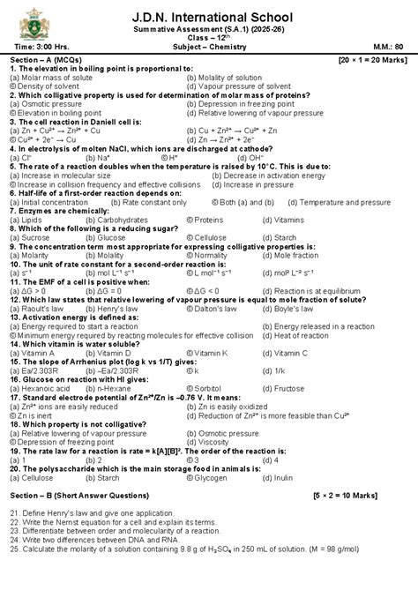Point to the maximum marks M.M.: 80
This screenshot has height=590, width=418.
pos(386,47)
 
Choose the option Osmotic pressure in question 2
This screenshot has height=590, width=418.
pos(42,105)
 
